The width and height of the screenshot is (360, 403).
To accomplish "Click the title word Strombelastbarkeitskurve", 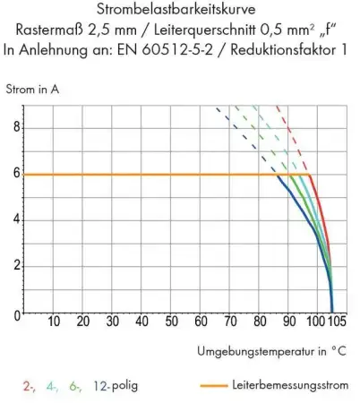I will (x=179, y=11).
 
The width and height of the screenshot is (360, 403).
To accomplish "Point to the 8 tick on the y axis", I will (x=14, y=127).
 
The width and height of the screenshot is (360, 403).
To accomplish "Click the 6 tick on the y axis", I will (x=14, y=175).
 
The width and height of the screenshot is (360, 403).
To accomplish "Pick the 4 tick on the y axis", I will (x=14, y=220).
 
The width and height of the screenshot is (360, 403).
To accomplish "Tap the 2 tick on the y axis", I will (x=14, y=267).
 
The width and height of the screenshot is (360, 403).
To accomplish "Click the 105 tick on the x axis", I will (x=335, y=322).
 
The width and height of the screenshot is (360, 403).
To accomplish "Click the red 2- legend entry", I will (x=29, y=386).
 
